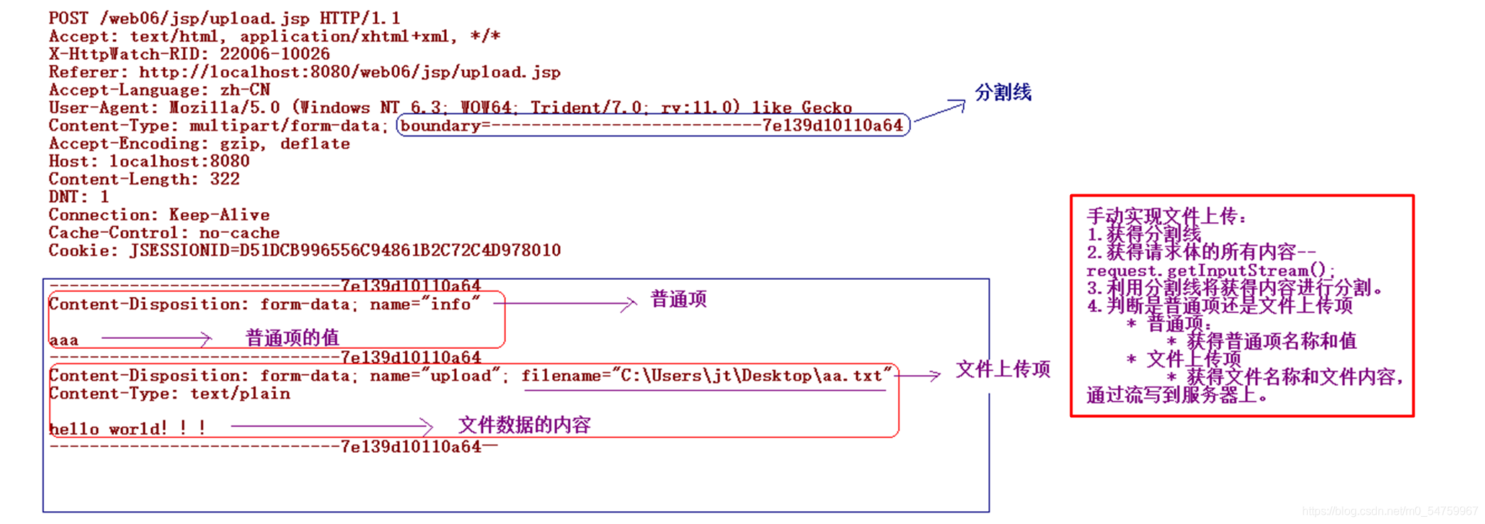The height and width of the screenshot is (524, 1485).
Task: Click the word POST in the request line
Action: click(68, 18)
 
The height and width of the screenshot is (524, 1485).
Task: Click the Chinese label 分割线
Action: click(1003, 93)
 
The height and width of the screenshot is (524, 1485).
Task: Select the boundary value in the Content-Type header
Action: click(652, 126)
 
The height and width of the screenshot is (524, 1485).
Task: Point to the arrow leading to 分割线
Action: click(939, 112)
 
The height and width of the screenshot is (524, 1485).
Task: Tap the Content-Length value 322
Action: click(225, 179)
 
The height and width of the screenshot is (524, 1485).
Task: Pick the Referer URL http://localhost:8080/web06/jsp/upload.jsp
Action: click(349, 73)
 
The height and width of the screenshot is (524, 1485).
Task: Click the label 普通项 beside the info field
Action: click(678, 300)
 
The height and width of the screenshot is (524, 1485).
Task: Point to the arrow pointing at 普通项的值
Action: click(157, 338)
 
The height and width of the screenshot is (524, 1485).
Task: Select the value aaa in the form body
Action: click(64, 340)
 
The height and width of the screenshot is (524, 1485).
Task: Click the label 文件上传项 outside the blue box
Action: click(1003, 370)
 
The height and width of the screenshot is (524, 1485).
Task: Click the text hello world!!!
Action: click(127, 429)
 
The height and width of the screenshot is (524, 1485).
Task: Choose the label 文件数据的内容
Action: click(524, 426)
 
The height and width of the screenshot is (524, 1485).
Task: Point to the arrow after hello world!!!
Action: click(332, 426)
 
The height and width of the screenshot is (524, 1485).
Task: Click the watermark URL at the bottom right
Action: click(1390, 511)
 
